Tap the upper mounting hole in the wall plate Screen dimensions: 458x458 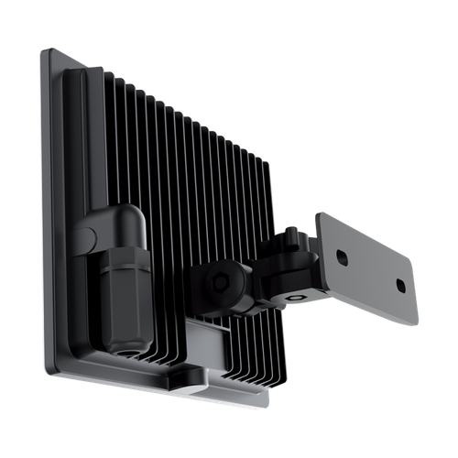pos(342,258)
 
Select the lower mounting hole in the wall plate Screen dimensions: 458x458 pos(400,286)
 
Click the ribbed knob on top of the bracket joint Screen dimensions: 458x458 pos(293,237)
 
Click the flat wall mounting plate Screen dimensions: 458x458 pos(366,266)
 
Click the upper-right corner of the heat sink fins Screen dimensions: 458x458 pos(271,163)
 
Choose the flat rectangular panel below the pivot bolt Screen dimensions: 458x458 pos(220,339)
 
